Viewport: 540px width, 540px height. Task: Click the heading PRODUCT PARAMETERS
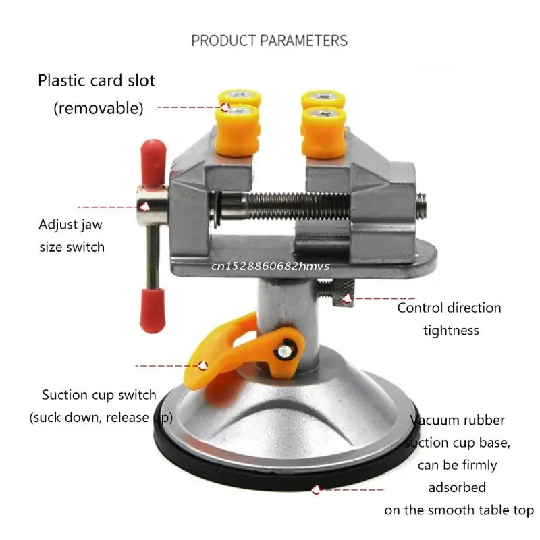tap(269, 40)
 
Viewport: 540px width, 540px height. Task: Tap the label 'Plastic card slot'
tap(96, 81)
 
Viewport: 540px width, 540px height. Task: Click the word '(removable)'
tap(99, 107)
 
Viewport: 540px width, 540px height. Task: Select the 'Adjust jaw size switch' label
tap(72, 236)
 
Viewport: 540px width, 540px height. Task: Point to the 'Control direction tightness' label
tap(450, 319)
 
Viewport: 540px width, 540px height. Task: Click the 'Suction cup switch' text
tap(99, 395)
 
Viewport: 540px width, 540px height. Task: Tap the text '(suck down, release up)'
tap(101, 417)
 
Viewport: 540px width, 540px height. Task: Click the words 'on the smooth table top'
tap(459, 510)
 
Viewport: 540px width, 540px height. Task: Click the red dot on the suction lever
tap(203, 364)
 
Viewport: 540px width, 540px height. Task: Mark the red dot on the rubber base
tap(317, 490)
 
